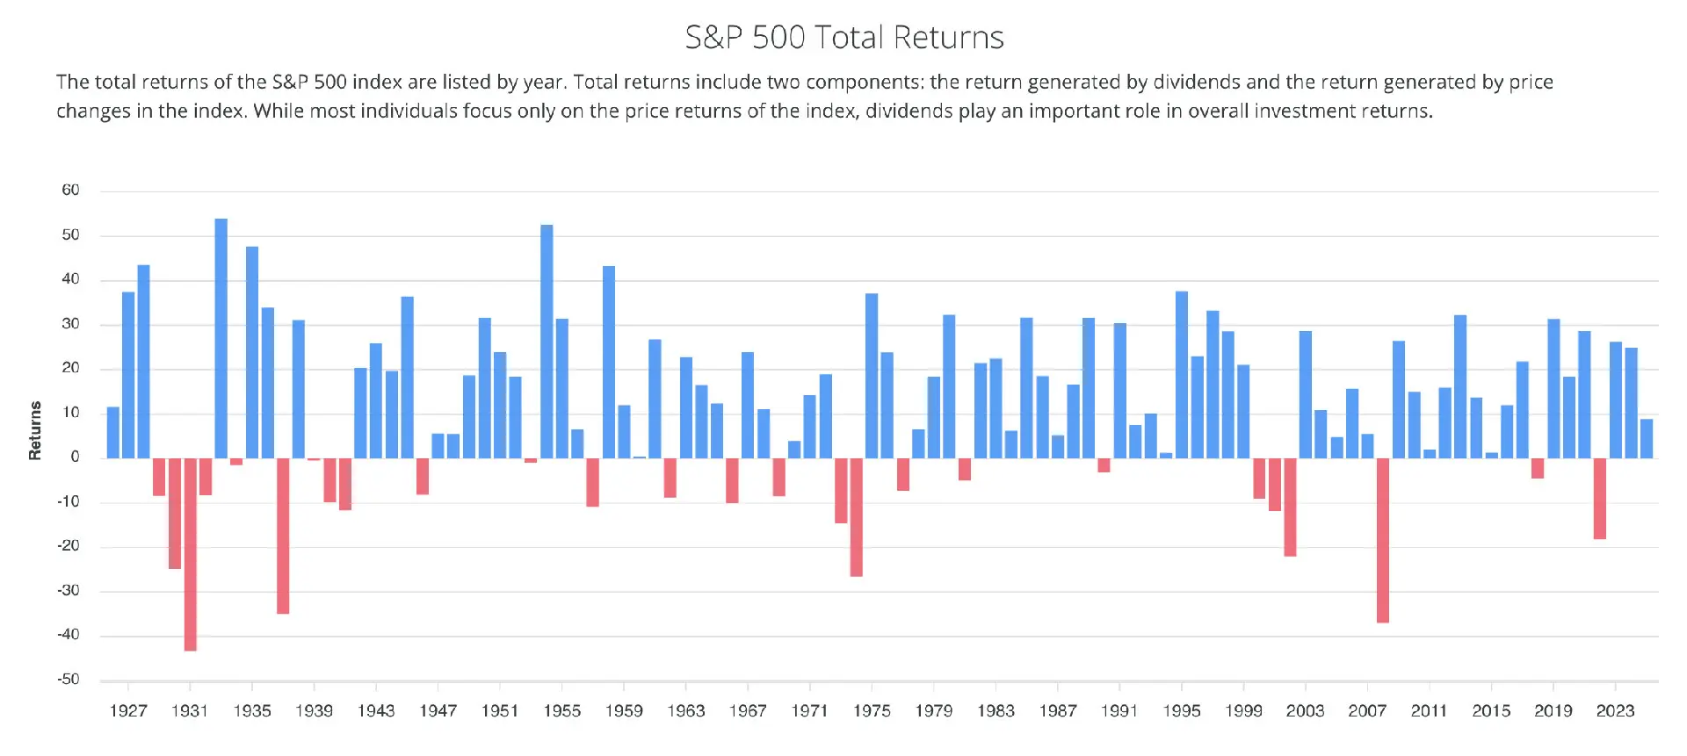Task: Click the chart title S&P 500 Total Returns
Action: click(843, 37)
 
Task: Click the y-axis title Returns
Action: click(35, 430)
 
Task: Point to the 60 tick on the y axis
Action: click(70, 190)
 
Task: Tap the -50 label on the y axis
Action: click(69, 679)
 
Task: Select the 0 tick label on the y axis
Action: click(75, 457)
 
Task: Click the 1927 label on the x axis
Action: click(128, 710)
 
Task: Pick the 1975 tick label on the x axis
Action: click(872, 710)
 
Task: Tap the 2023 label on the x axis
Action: click(1615, 710)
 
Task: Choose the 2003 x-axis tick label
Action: click(1305, 710)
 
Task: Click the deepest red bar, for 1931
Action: click(191, 554)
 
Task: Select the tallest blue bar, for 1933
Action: click(221, 338)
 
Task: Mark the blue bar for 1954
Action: click(547, 342)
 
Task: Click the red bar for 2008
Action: click(1383, 540)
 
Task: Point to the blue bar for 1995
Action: click(1182, 375)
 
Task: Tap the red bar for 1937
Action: click(283, 536)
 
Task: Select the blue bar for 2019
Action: click(1553, 388)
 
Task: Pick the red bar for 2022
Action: click(1600, 499)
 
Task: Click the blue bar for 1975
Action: click(872, 376)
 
